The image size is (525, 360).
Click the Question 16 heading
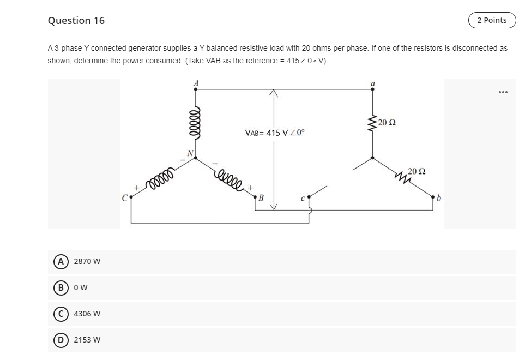[x=76, y=21]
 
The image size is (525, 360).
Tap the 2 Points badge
[x=491, y=20]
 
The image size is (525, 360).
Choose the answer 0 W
[x=79, y=287]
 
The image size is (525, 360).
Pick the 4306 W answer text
[x=87, y=314]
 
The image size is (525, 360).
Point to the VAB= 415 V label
[x=274, y=133]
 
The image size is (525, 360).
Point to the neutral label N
[x=190, y=153]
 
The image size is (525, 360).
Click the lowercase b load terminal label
[x=438, y=197]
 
